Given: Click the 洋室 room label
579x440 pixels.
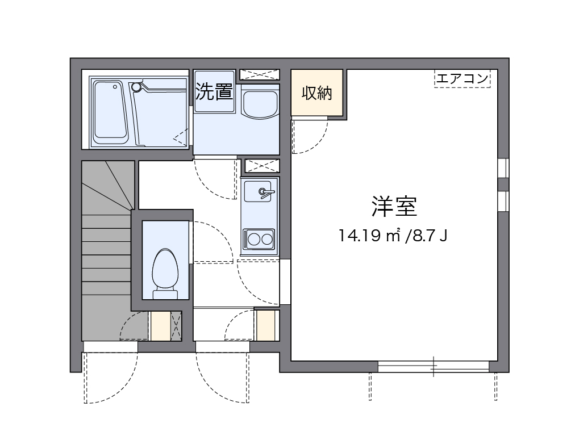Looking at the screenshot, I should tap(394, 207).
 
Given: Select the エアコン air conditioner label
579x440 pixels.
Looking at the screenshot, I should tap(463, 78).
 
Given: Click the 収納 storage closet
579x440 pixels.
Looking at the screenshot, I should tap(316, 93).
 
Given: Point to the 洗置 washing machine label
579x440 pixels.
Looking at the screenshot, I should tap(214, 92).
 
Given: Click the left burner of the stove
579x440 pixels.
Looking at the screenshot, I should tap(252, 238).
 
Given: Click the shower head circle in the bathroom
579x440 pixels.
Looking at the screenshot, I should tap(136, 87).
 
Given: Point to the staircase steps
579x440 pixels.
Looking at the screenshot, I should tap(107, 255).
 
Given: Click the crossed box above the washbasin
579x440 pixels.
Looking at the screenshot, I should tap(259, 74).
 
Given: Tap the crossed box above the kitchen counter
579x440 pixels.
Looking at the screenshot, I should tap(262, 166).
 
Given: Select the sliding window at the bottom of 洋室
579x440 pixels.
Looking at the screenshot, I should tap(434, 367).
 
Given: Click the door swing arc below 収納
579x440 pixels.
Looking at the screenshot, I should tap(310, 136).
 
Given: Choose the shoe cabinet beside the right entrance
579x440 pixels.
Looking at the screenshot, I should tap(265, 325).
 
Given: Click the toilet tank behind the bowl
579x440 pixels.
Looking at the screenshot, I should tap(165, 292).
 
